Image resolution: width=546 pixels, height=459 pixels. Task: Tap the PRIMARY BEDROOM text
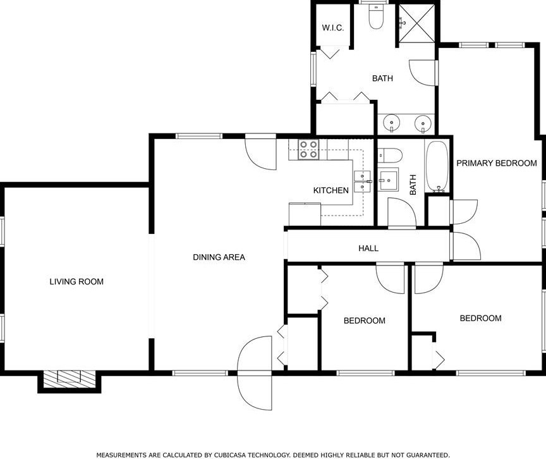[497, 163]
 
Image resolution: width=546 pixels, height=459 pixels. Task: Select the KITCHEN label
[331, 190]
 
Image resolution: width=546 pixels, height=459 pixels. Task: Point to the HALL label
[368, 248]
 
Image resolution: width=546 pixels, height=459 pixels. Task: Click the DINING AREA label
[219, 257]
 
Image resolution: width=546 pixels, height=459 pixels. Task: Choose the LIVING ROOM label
[76, 282]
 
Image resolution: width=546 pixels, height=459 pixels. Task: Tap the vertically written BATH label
[413, 185]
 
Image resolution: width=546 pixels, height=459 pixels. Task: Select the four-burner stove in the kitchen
[308, 150]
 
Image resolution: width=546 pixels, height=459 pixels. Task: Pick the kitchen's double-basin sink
[362, 181]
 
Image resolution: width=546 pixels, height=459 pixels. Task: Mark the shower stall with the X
[416, 23]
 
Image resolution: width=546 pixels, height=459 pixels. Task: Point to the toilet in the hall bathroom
[389, 155]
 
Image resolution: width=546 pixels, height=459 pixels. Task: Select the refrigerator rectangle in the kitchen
[304, 214]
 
